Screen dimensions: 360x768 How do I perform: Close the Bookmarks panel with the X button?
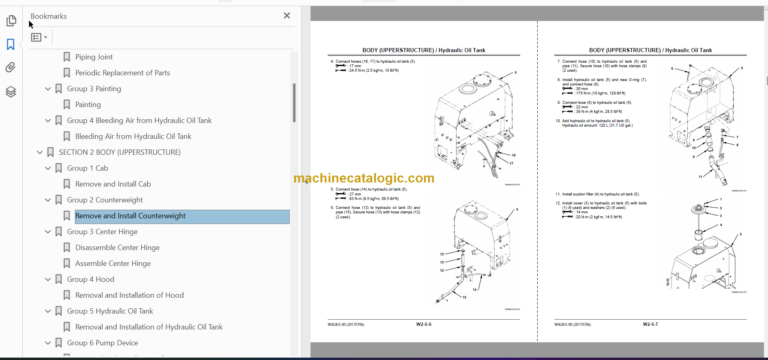(287, 17)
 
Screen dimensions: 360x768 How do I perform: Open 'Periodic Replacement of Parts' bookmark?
(122, 73)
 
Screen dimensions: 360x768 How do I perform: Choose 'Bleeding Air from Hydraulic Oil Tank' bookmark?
(133, 136)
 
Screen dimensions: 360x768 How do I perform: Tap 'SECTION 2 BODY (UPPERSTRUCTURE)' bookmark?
(119, 152)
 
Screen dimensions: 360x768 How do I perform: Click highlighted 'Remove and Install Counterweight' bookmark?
(130, 215)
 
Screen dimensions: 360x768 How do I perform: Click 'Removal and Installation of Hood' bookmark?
(129, 295)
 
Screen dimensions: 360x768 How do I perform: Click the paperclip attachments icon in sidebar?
(11, 67)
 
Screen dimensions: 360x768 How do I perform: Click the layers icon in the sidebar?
(11, 91)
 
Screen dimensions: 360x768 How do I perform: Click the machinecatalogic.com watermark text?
(364, 179)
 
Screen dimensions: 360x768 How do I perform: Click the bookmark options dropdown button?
(39, 37)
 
